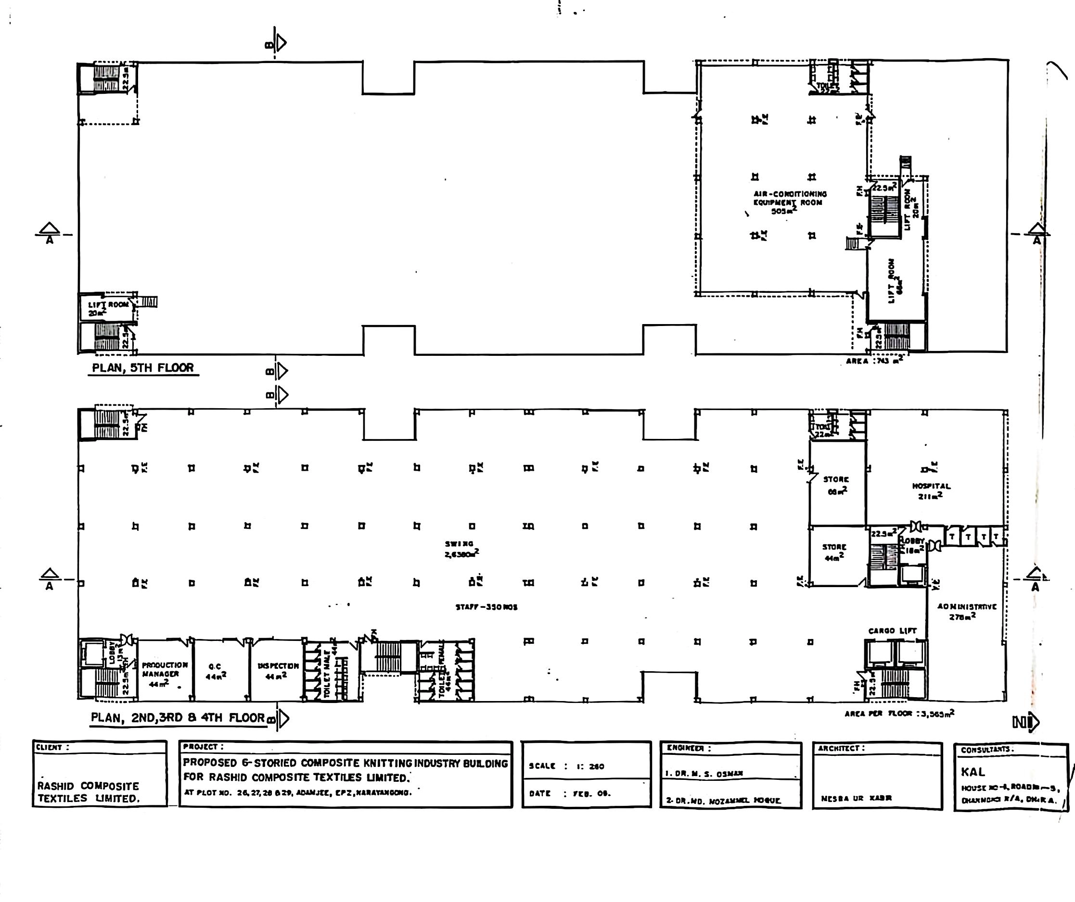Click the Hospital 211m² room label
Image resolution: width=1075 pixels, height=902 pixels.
click(x=931, y=490)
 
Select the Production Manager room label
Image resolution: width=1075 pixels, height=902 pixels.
click(x=164, y=673)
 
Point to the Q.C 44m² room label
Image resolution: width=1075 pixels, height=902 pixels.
click(x=215, y=671)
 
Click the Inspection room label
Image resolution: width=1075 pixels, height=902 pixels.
click(x=278, y=670)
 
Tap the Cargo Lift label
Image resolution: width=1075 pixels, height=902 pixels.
click(x=892, y=631)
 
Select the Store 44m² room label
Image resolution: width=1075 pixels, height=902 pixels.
click(x=834, y=552)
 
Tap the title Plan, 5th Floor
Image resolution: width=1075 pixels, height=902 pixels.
click(x=143, y=368)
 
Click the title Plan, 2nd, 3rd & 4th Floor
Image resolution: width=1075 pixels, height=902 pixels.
click(x=178, y=717)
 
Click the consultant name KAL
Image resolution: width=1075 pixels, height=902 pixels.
click(x=973, y=772)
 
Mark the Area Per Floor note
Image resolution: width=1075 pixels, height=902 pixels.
click(x=899, y=713)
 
